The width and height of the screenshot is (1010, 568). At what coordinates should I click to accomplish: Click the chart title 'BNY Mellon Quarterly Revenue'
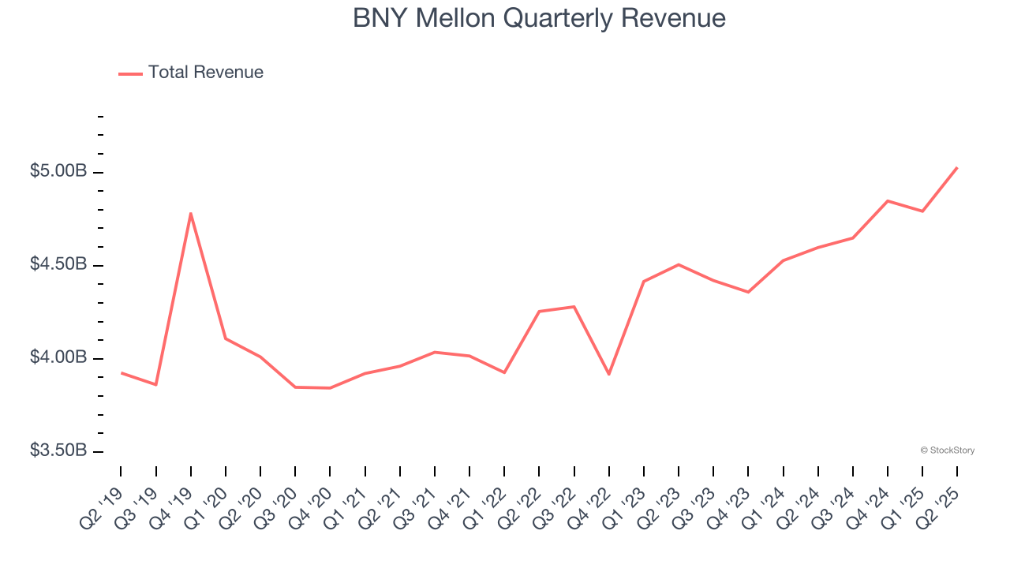(539, 17)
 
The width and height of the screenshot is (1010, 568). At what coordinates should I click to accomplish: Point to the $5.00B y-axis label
(58, 172)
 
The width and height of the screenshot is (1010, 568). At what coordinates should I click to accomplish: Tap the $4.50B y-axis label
(58, 264)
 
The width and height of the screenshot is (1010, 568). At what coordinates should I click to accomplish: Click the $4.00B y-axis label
(58, 357)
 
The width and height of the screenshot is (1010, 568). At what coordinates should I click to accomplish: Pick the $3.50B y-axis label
(58, 450)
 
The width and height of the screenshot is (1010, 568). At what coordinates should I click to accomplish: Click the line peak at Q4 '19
(191, 213)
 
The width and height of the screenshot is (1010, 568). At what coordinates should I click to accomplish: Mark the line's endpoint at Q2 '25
(956, 167)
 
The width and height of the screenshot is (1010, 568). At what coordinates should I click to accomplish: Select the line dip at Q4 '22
(609, 374)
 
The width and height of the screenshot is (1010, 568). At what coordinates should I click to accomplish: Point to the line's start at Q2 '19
(122, 372)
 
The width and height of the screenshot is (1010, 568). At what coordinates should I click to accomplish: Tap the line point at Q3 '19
(156, 385)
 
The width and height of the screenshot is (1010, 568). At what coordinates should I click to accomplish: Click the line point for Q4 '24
(888, 201)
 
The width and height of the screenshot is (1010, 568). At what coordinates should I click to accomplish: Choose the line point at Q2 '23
(679, 264)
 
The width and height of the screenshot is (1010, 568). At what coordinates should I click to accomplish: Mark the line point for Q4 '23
(748, 292)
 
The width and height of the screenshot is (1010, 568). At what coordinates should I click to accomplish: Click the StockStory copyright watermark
(947, 450)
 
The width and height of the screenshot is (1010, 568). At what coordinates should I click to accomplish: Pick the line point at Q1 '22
(504, 372)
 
